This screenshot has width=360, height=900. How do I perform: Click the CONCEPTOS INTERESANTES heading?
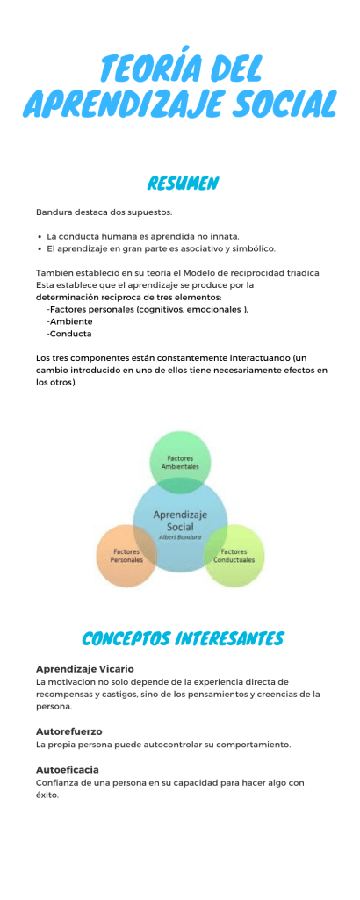182,637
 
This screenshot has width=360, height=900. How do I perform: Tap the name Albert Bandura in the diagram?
180,536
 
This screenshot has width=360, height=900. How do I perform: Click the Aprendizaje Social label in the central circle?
180,520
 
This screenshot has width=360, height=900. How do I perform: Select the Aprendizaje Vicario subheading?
84,668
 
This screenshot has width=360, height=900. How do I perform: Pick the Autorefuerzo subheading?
68,731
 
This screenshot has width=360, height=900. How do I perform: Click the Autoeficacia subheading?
67,769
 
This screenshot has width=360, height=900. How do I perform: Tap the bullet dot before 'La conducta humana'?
40,236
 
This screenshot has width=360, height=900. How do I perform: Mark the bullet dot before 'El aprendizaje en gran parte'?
40,248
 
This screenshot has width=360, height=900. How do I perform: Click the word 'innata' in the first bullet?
223,236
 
